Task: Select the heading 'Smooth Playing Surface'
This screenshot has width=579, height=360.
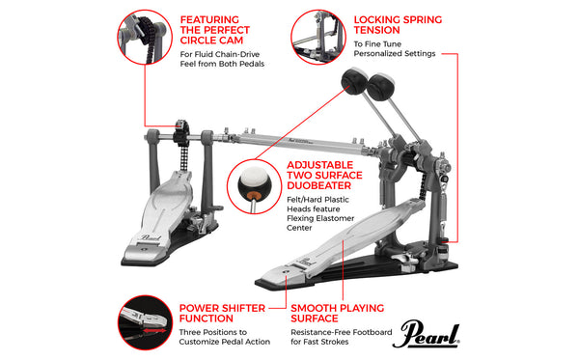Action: pos(337,314)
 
